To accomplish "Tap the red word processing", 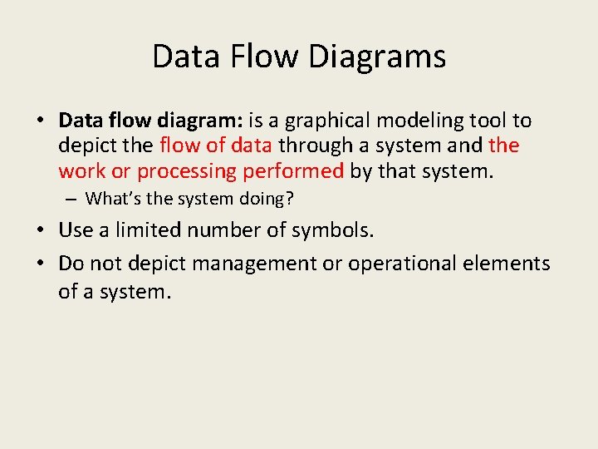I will (188, 170).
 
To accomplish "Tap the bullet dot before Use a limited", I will (41, 230).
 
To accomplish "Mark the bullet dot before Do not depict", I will (41, 264).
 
